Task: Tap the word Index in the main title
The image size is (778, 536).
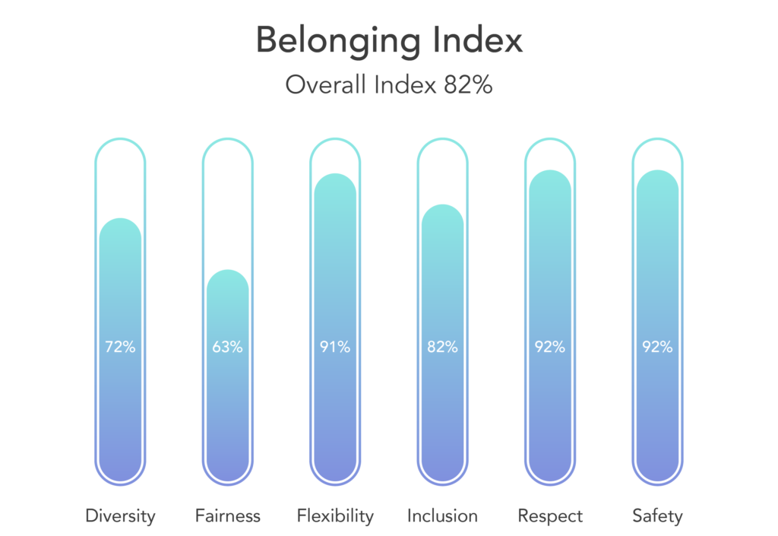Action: pyautogui.click(x=482, y=40)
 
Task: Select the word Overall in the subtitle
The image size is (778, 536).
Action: pyautogui.click(x=325, y=85)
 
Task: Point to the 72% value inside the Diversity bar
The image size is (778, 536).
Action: pyautogui.click(x=120, y=347)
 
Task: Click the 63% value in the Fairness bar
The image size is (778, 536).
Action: pyautogui.click(x=227, y=347)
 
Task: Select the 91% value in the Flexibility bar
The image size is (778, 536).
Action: pyautogui.click(x=335, y=347)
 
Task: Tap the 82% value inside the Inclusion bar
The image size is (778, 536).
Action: pyautogui.click(x=442, y=347)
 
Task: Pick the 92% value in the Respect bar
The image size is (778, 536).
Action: pyautogui.click(x=550, y=347)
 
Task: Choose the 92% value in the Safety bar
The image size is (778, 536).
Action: pyautogui.click(x=657, y=347)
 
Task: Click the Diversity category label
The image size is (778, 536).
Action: pyautogui.click(x=120, y=516)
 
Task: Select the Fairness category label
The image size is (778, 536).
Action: pyautogui.click(x=227, y=516)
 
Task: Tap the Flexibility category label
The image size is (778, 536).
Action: pyautogui.click(x=335, y=516)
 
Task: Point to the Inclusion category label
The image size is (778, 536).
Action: pyautogui.click(x=442, y=516)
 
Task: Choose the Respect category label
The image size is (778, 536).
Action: pyautogui.click(x=550, y=516)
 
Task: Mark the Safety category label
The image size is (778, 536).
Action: pyautogui.click(x=657, y=516)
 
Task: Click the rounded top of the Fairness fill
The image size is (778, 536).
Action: pyautogui.click(x=227, y=278)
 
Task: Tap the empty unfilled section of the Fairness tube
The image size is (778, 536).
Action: pyautogui.click(x=227, y=205)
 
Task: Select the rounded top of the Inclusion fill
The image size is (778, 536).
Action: pyautogui.click(x=442, y=213)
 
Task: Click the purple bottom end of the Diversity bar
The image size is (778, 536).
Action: pyautogui.click(x=120, y=468)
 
